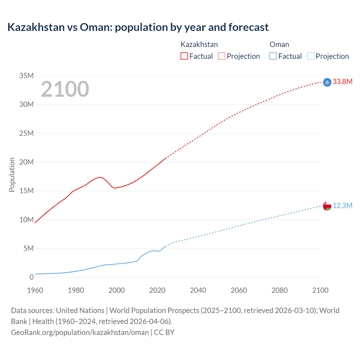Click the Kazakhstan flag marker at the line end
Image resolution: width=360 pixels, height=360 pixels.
coord(327,82)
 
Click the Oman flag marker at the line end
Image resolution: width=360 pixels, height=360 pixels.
coord(327,206)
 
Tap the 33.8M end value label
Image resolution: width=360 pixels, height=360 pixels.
coord(342,82)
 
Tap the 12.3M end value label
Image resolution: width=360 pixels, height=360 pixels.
coord(342,206)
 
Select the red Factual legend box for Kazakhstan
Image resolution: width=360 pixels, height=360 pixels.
coord(184,56)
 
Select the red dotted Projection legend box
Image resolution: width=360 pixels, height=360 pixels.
coord(222,56)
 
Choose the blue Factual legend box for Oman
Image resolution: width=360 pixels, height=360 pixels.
coord(273,56)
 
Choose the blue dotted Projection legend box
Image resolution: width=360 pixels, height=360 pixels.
coord(311,56)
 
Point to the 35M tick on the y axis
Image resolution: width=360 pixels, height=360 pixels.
coord(26,76)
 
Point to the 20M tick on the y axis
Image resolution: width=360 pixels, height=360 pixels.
coord(26,162)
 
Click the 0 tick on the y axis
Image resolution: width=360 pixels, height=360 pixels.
coord(31,277)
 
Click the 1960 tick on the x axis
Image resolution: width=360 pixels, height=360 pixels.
coord(35,290)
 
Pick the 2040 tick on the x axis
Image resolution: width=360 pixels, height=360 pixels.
coord(198,290)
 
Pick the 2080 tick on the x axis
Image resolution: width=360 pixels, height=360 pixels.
coord(280,290)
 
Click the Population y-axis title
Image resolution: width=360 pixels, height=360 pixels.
coord(12,175)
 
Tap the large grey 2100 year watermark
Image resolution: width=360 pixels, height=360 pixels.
coord(65,89)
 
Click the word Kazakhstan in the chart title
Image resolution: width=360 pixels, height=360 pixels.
coord(36,27)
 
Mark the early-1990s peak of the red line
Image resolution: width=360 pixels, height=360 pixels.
coord(100,177)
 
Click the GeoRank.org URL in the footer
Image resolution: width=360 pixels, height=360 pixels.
coord(80,332)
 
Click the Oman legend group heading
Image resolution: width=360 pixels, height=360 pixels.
coord(279,44)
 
